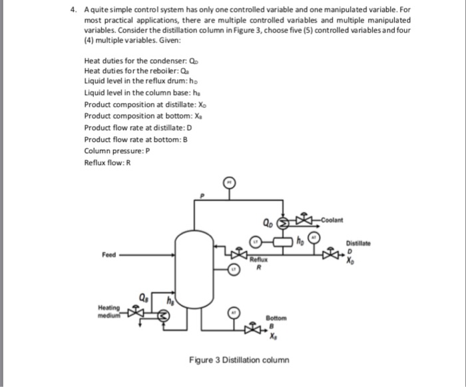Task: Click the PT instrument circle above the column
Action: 228,181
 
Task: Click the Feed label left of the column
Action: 109,254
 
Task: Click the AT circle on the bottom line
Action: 234,312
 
